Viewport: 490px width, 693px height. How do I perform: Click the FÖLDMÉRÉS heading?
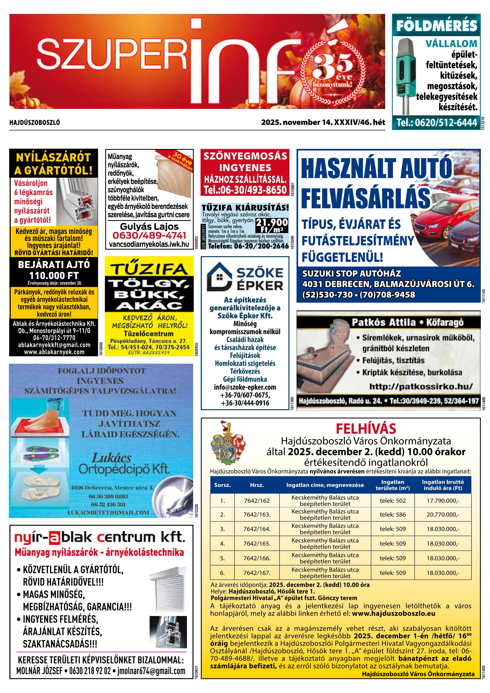pos(436,26)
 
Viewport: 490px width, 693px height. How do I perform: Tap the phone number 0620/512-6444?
pos(436,123)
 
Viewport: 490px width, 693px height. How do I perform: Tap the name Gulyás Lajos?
pos(149,227)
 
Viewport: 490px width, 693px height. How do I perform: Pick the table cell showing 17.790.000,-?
pos(443,501)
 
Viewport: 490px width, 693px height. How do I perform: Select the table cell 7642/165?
pos(257,544)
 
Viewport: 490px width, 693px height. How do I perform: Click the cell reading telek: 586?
pos(393,515)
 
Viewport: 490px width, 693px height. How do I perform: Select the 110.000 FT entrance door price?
pos(53,275)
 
